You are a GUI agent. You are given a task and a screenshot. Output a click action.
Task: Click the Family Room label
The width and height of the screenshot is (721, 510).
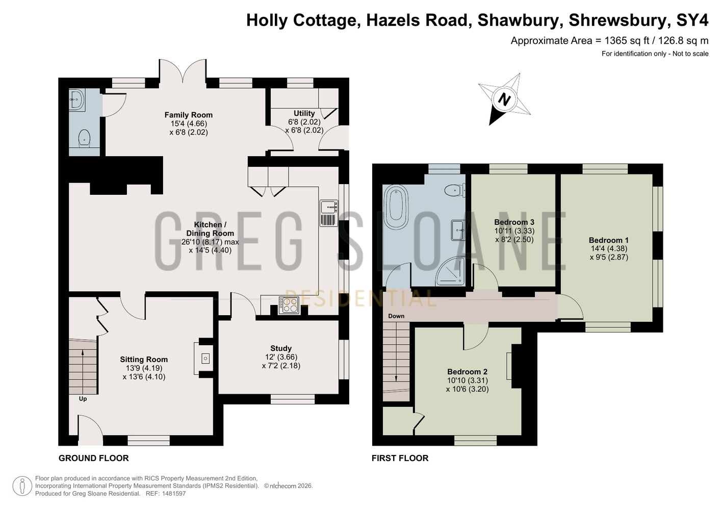(x=189, y=115)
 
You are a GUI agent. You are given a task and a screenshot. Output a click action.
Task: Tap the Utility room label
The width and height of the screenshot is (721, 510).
(x=304, y=113)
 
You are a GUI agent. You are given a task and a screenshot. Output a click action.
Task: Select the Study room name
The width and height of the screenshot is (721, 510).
(x=281, y=348)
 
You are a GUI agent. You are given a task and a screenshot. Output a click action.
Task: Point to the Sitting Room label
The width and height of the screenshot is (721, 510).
(x=144, y=360)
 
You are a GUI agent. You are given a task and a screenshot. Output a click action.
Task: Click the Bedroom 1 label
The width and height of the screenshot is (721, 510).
(x=609, y=240)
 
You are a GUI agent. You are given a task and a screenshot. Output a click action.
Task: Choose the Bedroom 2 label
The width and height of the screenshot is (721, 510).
(x=468, y=372)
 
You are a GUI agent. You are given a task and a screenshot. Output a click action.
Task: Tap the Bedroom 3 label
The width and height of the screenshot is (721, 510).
(x=514, y=222)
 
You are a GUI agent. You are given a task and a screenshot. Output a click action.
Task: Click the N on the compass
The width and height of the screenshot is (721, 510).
(x=504, y=99)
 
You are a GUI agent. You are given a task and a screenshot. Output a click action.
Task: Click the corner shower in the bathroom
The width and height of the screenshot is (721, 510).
(x=451, y=271)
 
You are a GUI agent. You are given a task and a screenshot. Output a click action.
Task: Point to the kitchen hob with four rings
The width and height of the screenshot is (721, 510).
(x=289, y=305)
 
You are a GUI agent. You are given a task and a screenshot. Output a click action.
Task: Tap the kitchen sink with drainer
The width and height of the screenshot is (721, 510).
(x=329, y=213)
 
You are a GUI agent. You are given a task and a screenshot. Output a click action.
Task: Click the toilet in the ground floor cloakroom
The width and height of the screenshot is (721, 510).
(x=85, y=138)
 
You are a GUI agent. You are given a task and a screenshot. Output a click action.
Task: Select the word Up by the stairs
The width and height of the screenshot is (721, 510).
(x=83, y=399)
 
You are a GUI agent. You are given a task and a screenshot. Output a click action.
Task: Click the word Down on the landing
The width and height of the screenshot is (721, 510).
(x=396, y=316)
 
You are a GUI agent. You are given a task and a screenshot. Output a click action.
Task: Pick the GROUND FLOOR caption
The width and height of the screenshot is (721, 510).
(x=94, y=458)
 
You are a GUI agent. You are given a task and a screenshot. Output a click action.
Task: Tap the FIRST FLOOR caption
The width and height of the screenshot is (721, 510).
(x=400, y=458)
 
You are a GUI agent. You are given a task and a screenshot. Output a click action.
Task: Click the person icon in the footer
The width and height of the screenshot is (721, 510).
(x=22, y=486)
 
